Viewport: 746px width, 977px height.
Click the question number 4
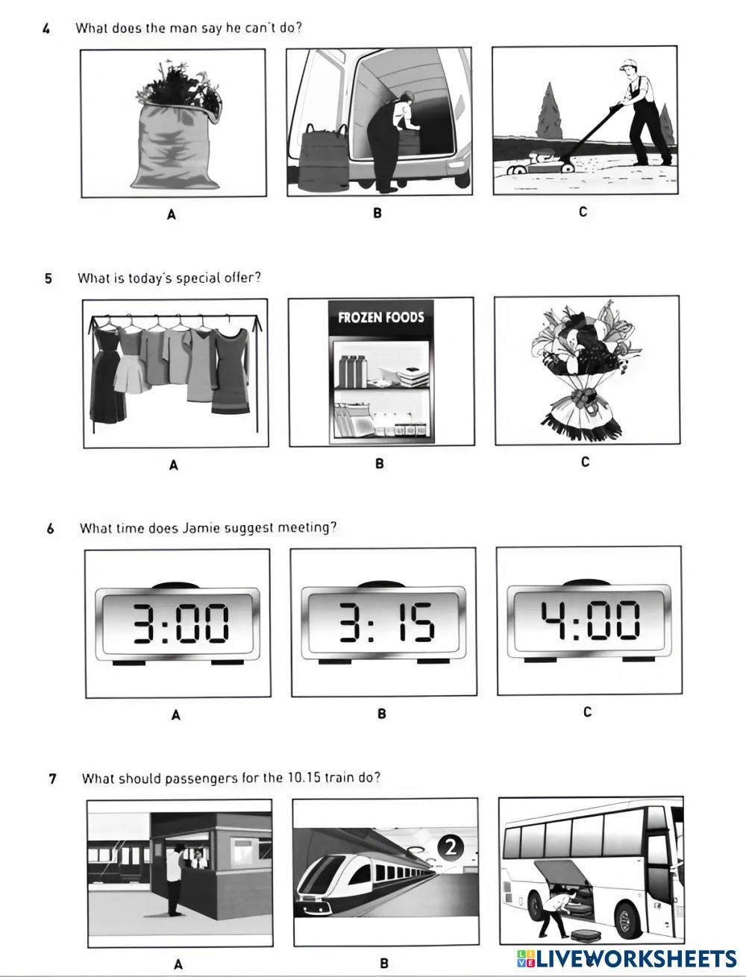[x=46, y=28]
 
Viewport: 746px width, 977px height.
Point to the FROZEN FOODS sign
[x=380, y=317]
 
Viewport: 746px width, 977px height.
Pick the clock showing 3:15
[x=383, y=623]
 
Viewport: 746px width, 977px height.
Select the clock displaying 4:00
[x=589, y=621]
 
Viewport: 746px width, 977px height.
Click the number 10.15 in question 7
[x=303, y=777]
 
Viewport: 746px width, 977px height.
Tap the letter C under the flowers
[x=585, y=462]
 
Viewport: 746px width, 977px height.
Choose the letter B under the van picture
[x=377, y=213]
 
